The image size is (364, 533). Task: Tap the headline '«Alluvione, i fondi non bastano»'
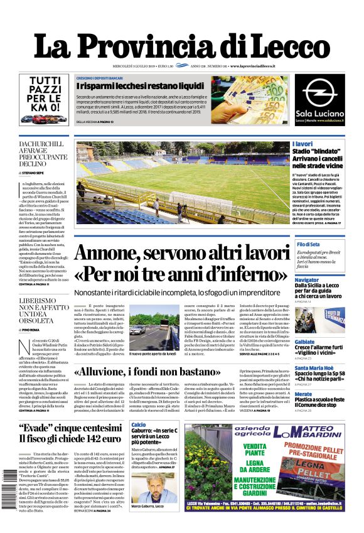click(147, 372)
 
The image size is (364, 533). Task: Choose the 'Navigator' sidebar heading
click(307, 279)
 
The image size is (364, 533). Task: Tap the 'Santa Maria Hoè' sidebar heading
click(314, 368)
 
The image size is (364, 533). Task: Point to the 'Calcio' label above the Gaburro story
click(139, 426)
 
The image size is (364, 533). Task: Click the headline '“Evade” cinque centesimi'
click(67, 429)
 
